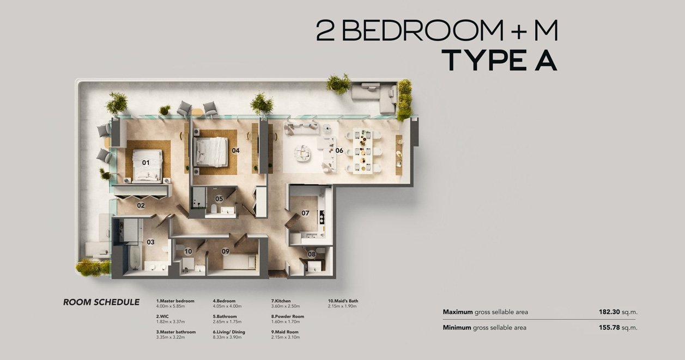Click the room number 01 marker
(x=146, y=163)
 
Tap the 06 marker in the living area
(x=339, y=150)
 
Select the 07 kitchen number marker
(x=305, y=213)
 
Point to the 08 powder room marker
(x=312, y=254)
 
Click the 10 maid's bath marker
(x=188, y=251)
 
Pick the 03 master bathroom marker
(x=150, y=242)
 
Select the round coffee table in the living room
(x=303, y=152)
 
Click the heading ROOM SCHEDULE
(x=101, y=302)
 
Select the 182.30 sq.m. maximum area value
(x=618, y=312)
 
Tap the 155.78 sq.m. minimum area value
(x=618, y=328)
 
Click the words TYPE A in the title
(x=499, y=60)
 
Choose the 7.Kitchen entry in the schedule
(x=281, y=301)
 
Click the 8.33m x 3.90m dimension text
(x=227, y=337)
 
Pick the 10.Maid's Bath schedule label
(x=343, y=301)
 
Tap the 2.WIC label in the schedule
(x=162, y=316)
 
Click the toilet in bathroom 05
(x=214, y=209)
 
